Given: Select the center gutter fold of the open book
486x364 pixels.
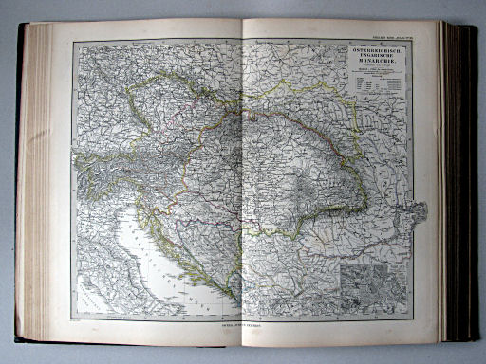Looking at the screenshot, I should (x=243, y=180).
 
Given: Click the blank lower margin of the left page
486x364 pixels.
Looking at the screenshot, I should (x=152, y=332).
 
